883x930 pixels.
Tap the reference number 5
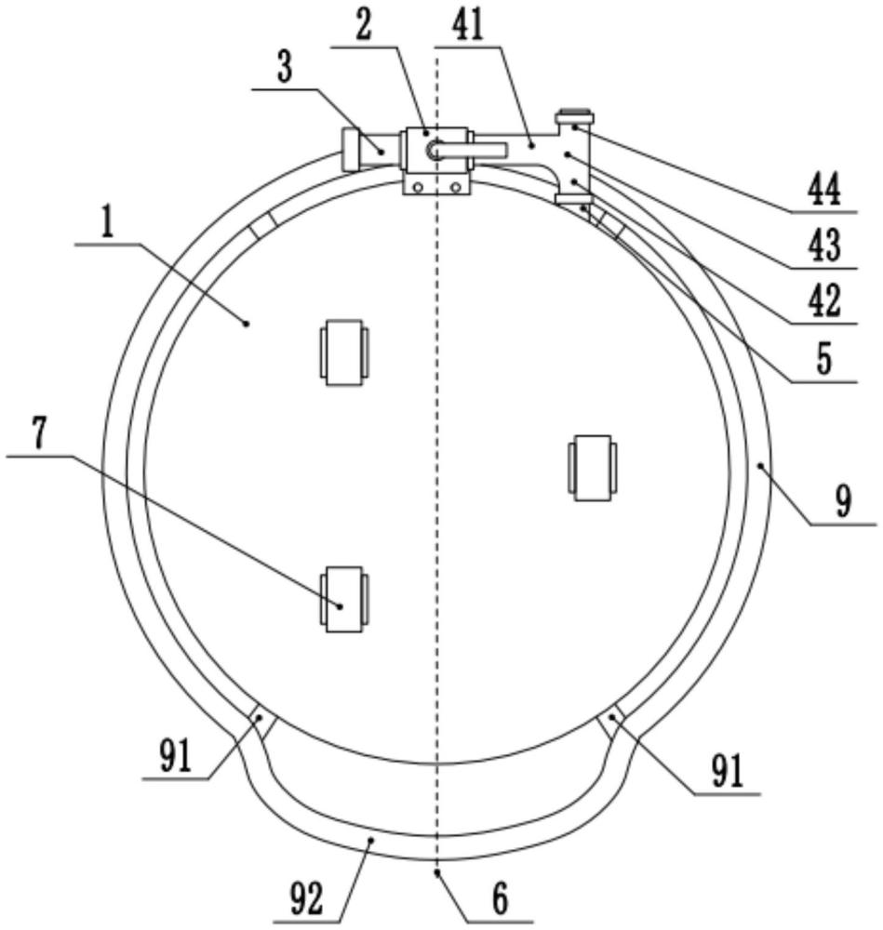click(824, 357)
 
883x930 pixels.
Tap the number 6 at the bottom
click(501, 898)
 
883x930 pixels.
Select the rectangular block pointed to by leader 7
click(343, 598)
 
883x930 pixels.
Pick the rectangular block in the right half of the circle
click(593, 468)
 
